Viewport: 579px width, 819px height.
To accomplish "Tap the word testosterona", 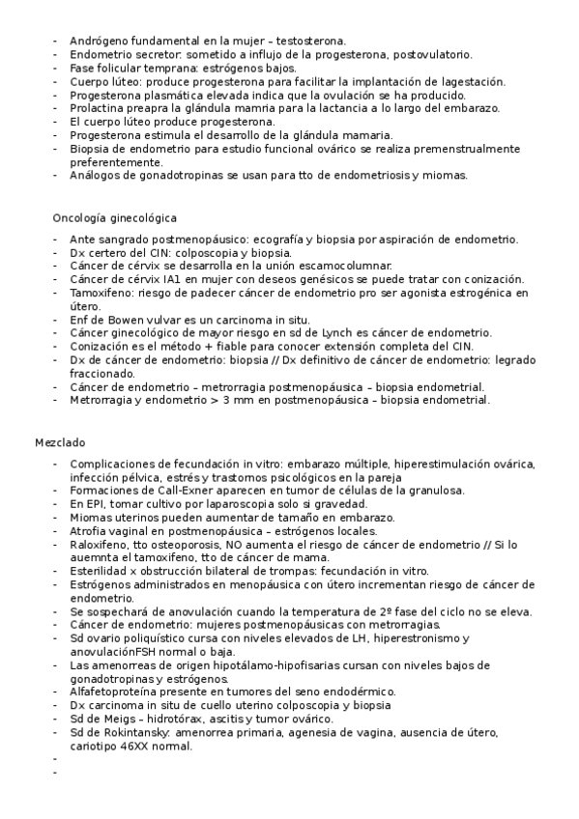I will pos(310,42).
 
